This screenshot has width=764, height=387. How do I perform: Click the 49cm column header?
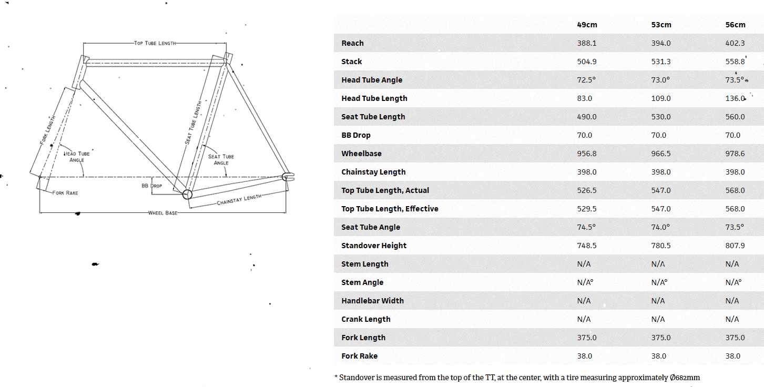pyautogui.click(x=587, y=25)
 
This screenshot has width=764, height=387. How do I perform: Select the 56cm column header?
pyautogui.click(x=736, y=25)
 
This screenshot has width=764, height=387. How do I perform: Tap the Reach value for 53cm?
pyautogui.click(x=661, y=43)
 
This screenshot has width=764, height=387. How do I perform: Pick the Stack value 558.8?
pyautogui.click(x=735, y=62)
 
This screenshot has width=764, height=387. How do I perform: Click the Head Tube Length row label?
pyautogui.click(x=374, y=98)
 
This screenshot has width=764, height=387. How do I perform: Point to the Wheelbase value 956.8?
pyautogui.click(x=587, y=154)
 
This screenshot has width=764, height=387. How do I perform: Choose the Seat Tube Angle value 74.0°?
pyautogui.click(x=660, y=227)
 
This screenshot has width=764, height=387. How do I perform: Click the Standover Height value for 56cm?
pyautogui.click(x=735, y=246)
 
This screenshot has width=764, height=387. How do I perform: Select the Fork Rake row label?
pyautogui.click(x=360, y=356)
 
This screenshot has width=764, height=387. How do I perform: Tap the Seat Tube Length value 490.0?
pyautogui.click(x=587, y=117)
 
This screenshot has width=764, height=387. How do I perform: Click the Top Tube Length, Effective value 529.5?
pyautogui.click(x=587, y=209)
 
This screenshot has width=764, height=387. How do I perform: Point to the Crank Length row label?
pyautogui.click(x=366, y=320)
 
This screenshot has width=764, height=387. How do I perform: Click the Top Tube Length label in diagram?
pyautogui.click(x=155, y=43)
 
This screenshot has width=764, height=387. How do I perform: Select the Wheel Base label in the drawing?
pyautogui.click(x=162, y=213)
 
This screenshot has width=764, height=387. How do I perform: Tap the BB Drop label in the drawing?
pyautogui.click(x=152, y=186)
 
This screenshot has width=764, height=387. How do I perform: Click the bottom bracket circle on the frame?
pyautogui.click(x=187, y=195)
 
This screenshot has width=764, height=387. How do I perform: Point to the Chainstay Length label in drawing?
pyautogui.click(x=239, y=199)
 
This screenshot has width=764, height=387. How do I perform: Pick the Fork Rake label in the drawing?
pyautogui.click(x=65, y=193)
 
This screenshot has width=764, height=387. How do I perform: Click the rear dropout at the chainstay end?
pyautogui.click(x=288, y=177)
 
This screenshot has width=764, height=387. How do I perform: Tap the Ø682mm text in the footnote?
pyautogui.click(x=685, y=378)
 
